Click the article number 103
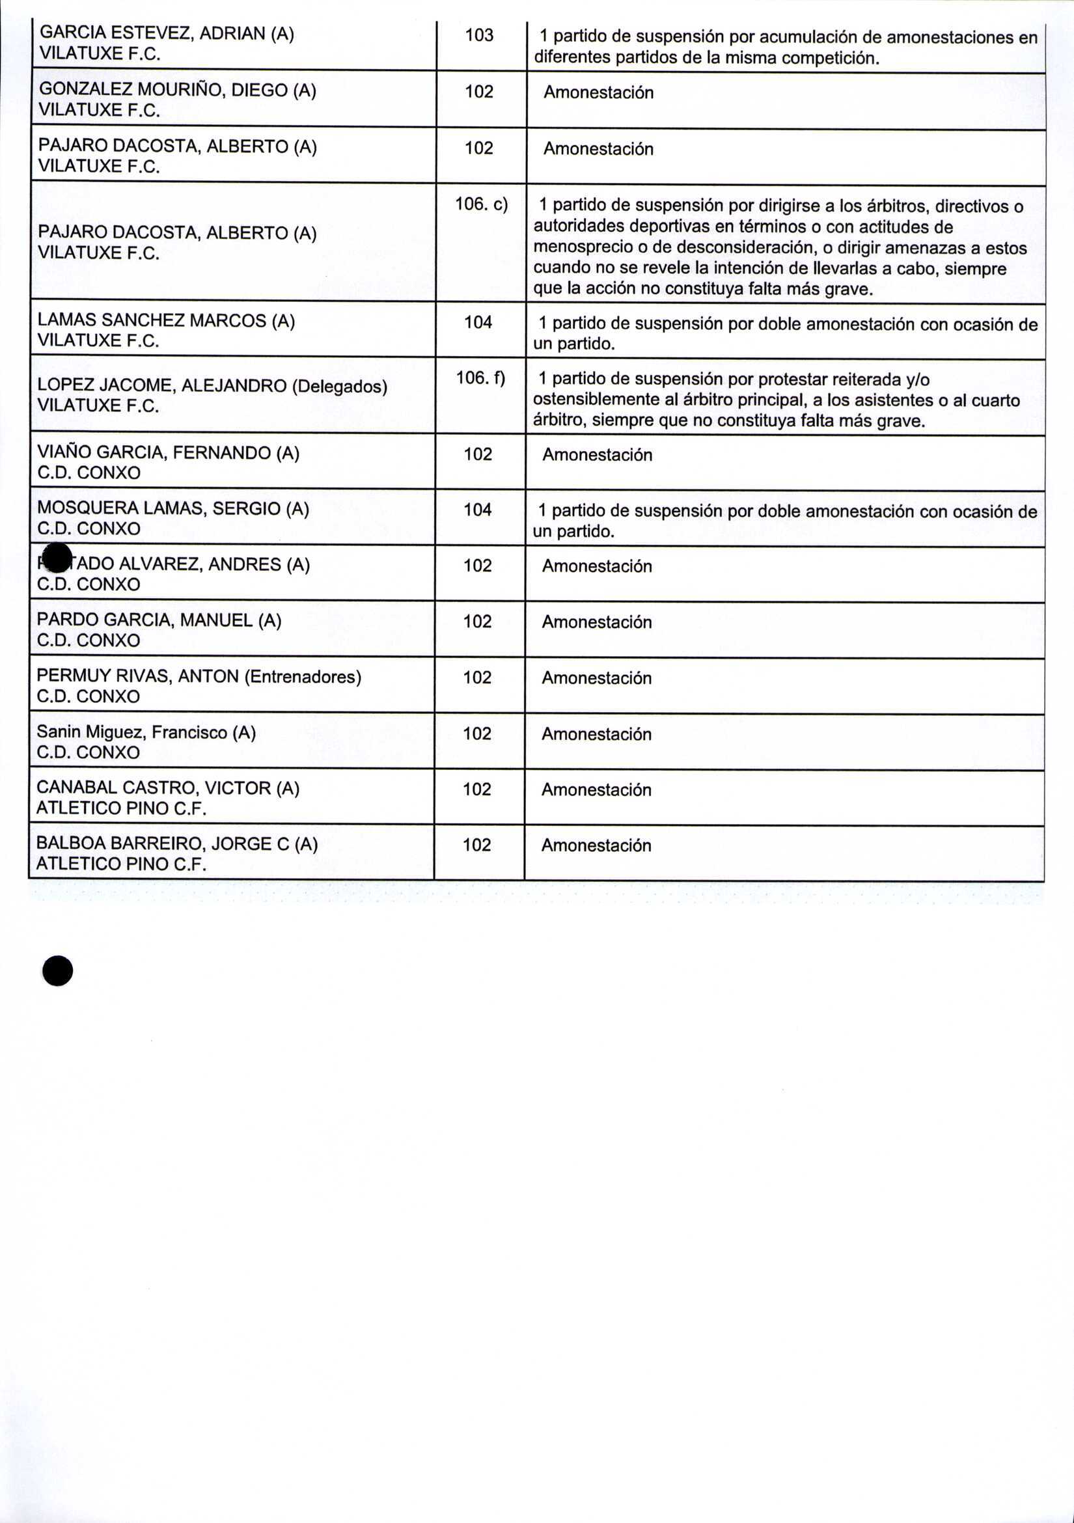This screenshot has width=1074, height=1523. [x=479, y=35]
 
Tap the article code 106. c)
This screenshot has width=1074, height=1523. [x=481, y=204]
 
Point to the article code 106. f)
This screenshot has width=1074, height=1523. [x=480, y=378]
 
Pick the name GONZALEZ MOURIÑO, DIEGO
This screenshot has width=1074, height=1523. [x=163, y=90]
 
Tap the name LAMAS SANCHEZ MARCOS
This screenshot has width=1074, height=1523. [x=152, y=320]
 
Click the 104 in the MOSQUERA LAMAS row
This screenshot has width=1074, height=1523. [x=478, y=510]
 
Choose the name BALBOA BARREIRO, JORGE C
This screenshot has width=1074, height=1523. [x=163, y=844]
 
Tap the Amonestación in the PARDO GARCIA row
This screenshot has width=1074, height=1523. [x=596, y=622]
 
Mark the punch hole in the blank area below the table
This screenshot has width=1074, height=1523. [x=58, y=970]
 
